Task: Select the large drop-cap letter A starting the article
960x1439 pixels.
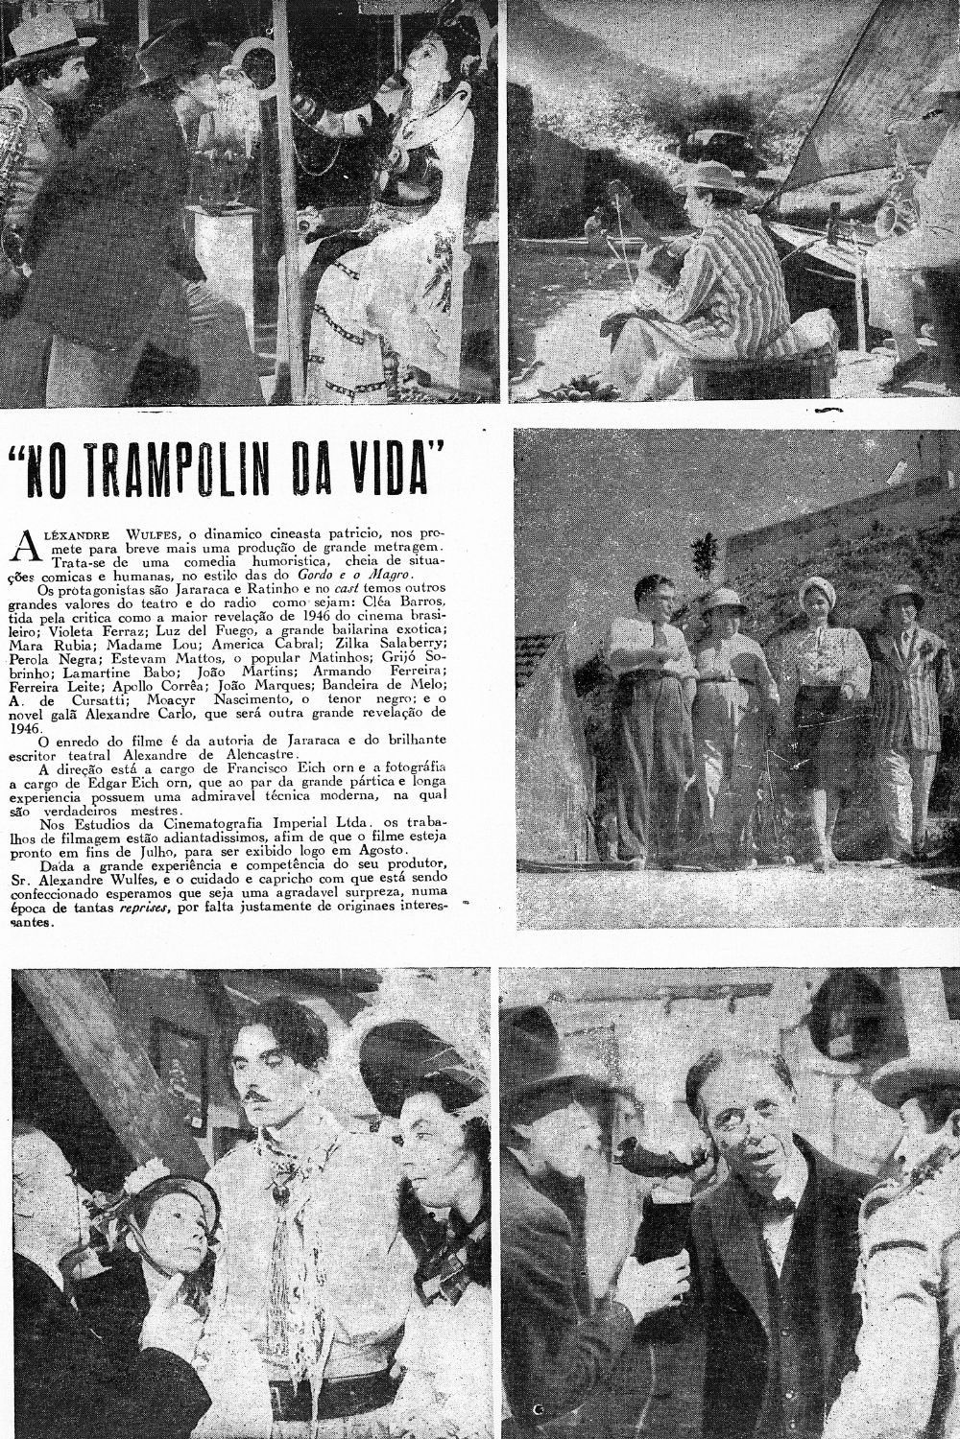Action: point(27,544)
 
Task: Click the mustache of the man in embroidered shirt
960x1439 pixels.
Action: point(259,1093)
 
